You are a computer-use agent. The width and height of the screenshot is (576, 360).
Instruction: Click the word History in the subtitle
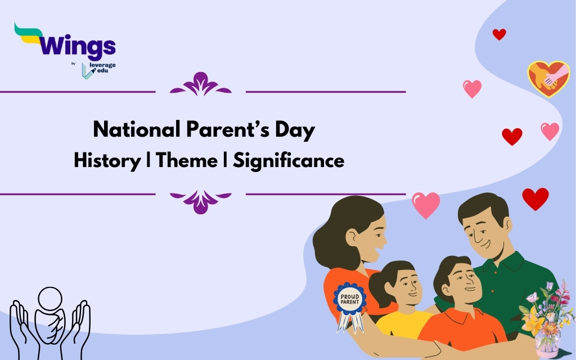[x=107, y=161]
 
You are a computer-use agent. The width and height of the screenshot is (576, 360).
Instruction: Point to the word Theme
[x=186, y=161]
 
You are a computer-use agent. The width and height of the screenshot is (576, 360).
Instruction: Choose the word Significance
[x=289, y=161]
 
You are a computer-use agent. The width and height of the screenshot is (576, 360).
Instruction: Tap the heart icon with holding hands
[x=548, y=78]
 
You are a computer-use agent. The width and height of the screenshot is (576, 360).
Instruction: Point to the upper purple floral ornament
[x=200, y=85]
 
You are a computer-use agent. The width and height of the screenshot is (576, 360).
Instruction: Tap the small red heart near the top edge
[x=499, y=34]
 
